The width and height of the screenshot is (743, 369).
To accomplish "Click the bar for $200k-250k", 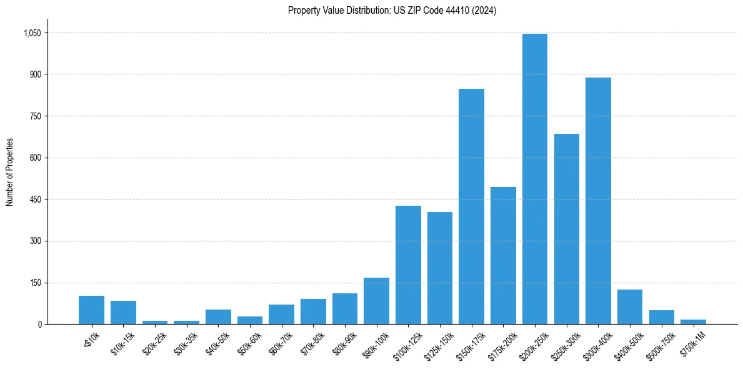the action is coord(534,179).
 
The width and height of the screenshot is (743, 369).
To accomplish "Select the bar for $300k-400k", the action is coord(598,201).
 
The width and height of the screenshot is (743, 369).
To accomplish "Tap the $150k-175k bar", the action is coord(471,206).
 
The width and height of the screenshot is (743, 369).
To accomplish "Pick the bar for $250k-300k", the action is coord(566,229).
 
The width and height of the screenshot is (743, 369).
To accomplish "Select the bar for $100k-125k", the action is coord(408,265).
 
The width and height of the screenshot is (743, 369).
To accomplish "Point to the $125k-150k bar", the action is coord(440,268).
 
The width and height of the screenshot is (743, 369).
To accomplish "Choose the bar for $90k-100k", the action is coord(376,301).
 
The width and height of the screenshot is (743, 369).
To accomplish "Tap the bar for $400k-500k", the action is coord(630,307).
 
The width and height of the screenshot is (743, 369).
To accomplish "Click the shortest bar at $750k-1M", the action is coord(693,321).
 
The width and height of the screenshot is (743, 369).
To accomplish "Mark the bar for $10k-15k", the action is coord(123,313).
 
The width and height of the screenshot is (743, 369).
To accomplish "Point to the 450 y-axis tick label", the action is coord(36,200).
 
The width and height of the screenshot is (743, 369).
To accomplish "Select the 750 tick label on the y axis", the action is coord(36,116).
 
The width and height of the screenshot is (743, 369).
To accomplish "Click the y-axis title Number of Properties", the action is coord(9,172).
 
